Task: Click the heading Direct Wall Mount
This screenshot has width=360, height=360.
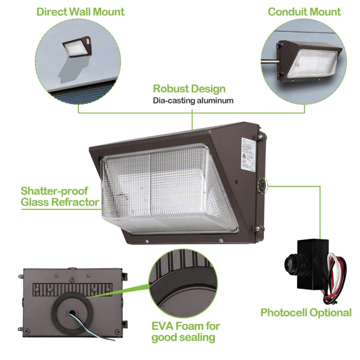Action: [x=80, y=11]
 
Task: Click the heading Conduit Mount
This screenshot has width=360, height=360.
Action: [x=304, y=11]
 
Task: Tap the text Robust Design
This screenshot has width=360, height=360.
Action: [x=189, y=89]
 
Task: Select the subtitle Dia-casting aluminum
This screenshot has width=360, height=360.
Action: [x=193, y=100]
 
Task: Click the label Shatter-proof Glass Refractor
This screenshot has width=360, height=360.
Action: [x=60, y=196]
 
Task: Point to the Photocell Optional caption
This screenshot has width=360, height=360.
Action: [x=306, y=312]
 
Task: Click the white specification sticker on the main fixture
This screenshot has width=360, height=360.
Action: [x=247, y=154]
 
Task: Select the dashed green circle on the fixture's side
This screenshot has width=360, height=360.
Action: [x=262, y=185]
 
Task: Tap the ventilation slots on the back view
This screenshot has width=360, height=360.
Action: [x=72, y=288]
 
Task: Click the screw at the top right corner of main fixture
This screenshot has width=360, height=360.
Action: [x=260, y=137]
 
